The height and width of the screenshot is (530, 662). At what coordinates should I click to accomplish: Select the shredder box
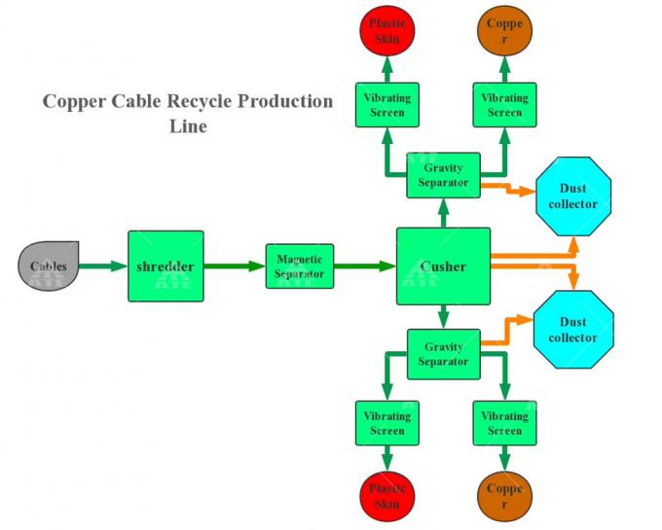click(165, 266)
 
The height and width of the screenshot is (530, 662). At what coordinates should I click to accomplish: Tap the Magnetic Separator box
click(299, 266)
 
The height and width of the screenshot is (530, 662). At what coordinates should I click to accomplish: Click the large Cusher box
click(443, 266)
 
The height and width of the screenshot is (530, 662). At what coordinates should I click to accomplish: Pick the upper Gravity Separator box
click(443, 175)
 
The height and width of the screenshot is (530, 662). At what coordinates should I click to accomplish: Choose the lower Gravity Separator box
click(443, 354)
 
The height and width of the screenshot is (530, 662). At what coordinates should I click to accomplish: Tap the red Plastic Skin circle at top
click(386, 30)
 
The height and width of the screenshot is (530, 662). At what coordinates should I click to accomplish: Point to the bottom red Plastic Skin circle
click(386, 496)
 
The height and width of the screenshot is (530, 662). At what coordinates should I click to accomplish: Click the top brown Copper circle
click(504, 30)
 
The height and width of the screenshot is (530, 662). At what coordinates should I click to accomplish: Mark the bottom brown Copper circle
click(504, 496)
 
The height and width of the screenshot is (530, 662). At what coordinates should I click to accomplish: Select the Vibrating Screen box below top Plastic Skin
click(386, 105)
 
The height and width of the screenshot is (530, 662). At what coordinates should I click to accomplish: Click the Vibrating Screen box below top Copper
click(504, 105)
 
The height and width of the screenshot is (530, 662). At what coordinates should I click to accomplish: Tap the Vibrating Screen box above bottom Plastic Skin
click(386, 423)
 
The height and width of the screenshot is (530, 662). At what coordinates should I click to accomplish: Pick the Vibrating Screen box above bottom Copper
click(504, 423)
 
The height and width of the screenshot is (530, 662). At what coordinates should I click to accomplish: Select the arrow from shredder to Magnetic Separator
click(235, 265)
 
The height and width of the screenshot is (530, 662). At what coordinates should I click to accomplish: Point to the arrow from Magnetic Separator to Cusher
click(364, 265)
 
